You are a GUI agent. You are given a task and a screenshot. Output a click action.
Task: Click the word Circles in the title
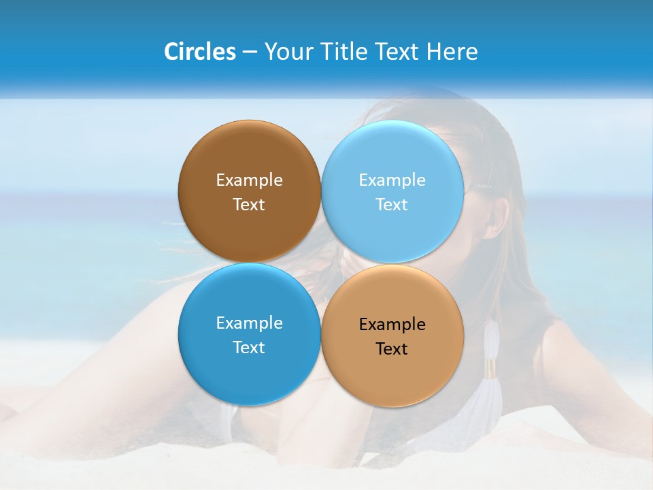click(x=199, y=52)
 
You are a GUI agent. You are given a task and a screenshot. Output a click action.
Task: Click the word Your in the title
click(x=286, y=52)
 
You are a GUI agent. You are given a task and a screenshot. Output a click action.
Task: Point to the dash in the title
click(x=250, y=52)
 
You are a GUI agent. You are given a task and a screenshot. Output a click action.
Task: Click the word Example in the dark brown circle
click(x=249, y=180)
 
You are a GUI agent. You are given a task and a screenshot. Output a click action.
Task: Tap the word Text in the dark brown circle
click(x=249, y=204)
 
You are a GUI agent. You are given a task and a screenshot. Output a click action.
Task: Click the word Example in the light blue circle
click(x=392, y=180)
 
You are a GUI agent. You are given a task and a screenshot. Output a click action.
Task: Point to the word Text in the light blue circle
click(x=392, y=204)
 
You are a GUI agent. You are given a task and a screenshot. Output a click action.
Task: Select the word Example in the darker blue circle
click(x=249, y=323)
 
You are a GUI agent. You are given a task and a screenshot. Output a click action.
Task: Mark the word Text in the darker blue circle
click(x=249, y=347)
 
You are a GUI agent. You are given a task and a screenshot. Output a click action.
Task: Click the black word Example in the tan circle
click(x=392, y=324)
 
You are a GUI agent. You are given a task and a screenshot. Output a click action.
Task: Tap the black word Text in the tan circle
click(x=392, y=348)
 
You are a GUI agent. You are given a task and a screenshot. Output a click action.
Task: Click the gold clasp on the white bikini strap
click(x=490, y=368)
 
